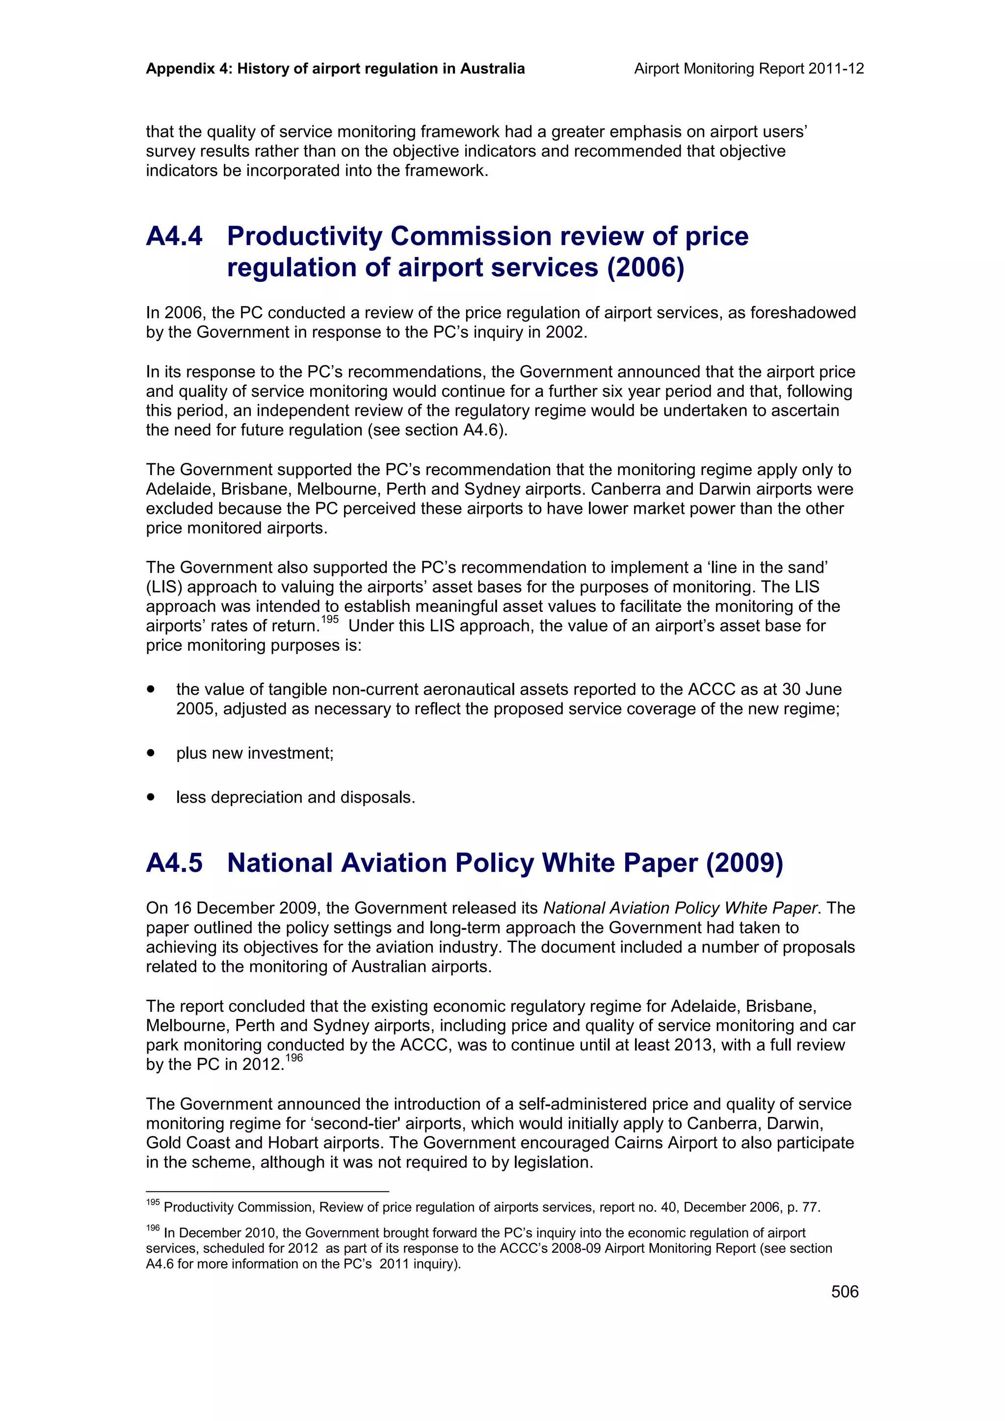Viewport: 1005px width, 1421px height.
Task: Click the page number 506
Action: click(845, 1292)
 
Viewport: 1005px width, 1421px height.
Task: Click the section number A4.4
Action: click(174, 236)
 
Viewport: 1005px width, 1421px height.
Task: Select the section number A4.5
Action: click(174, 863)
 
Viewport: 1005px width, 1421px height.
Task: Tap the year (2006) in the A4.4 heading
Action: click(645, 267)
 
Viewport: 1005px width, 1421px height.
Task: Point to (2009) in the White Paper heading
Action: click(744, 863)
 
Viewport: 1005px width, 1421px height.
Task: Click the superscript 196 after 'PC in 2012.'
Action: click(294, 1058)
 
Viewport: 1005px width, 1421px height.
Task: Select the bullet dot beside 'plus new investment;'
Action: click(151, 753)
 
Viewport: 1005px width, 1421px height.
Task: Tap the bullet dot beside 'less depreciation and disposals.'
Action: click(151, 797)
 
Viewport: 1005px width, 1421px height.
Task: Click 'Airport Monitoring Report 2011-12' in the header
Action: click(749, 69)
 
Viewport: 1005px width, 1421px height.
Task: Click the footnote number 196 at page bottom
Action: click(152, 1228)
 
